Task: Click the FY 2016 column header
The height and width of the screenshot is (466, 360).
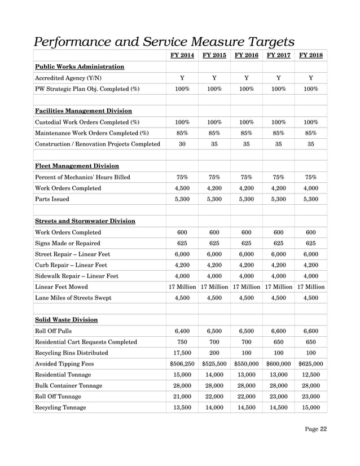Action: (x=246, y=55)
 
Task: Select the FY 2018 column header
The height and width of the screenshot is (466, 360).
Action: (x=311, y=55)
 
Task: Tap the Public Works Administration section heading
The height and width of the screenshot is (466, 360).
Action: (x=80, y=67)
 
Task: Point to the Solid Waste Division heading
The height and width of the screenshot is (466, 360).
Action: (x=67, y=319)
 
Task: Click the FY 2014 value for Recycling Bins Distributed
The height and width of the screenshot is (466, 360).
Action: (x=182, y=353)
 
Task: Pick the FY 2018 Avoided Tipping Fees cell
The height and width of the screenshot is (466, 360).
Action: (x=311, y=364)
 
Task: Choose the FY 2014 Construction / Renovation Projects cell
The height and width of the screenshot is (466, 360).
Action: (x=182, y=144)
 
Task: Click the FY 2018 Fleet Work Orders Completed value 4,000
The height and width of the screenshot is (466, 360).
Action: (x=311, y=188)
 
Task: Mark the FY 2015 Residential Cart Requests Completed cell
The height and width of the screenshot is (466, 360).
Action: (x=214, y=342)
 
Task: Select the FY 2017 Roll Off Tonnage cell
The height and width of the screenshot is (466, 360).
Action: (x=278, y=397)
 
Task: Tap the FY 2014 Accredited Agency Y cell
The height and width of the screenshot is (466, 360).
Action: (x=182, y=78)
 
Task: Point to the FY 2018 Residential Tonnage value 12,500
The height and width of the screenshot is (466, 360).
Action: (x=311, y=375)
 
